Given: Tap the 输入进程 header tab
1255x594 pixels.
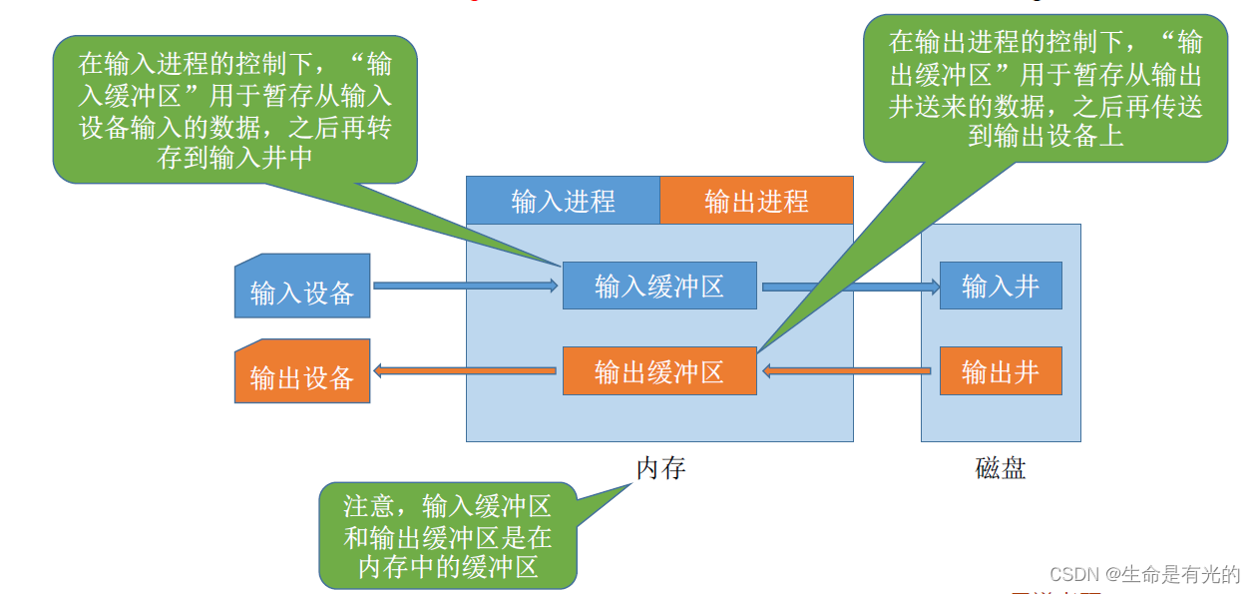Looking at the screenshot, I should tap(563, 201).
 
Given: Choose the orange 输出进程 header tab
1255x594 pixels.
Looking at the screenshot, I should tap(756, 201).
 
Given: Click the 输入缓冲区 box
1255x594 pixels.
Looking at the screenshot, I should tap(659, 287).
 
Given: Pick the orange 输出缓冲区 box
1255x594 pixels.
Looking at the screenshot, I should tap(659, 371).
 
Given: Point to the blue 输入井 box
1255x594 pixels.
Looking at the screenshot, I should tap(1001, 287).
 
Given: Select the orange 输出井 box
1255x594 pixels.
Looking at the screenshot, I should tap(1001, 371).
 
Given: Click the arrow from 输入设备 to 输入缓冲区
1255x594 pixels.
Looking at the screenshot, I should tap(465, 287).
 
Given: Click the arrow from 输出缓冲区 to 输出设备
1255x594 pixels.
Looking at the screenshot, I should tap(465, 371).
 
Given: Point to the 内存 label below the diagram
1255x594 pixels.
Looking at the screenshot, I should tap(660, 467).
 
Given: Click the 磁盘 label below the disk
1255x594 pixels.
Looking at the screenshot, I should tap(1001, 467).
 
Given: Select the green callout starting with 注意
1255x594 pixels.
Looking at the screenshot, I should tap(448, 536).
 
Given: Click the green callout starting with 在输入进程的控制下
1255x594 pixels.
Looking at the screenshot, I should tap(235, 110).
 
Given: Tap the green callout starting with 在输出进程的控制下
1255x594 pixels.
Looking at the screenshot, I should tap(1046, 88).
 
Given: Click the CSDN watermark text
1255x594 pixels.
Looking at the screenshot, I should tap(1144, 574).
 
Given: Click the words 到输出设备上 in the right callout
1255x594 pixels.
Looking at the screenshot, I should tap(1046, 135).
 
